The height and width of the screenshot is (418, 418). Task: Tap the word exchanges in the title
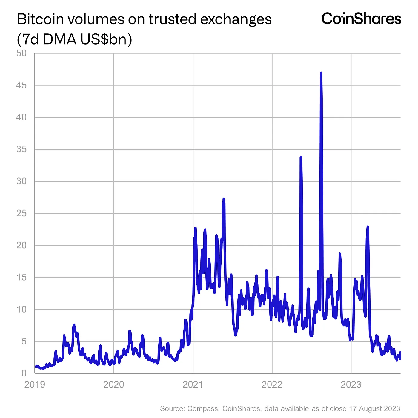[x=236, y=19]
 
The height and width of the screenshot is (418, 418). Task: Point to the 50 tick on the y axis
[x=22, y=53]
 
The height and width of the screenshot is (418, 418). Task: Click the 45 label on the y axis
[x=22, y=85]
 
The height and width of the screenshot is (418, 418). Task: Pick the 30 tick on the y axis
[x=22, y=181]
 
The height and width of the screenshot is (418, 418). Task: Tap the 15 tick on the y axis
[x=22, y=277]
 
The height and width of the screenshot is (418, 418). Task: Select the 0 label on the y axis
[x=24, y=373]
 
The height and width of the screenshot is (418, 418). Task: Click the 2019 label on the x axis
[x=35, y=384]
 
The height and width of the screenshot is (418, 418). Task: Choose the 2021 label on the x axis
[x=193, y=384]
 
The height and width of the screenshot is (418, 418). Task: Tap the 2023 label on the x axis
[x=351, y=384]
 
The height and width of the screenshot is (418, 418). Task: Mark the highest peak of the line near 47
[x=321, y=73]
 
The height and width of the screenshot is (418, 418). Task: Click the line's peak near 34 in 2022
[x=301, y=157]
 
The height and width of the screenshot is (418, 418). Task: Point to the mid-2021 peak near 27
[x=224, y=199]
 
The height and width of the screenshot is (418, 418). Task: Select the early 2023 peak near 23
[x=368, y=227]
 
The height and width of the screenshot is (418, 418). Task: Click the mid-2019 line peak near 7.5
[x=74, y=325]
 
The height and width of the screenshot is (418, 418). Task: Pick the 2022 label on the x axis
[x=272, y=384]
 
